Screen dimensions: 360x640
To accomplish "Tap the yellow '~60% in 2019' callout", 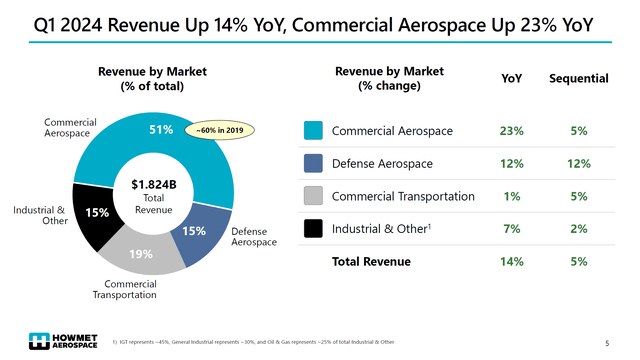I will click(x=223, y=129).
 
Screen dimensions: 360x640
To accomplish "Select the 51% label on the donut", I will click(x=161, y=129).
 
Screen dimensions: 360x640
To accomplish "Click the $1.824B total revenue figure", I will click(x=153, y=184).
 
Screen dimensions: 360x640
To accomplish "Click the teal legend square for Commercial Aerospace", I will click(x=311, y=131).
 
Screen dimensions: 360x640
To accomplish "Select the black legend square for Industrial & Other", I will click(x=311, y=230).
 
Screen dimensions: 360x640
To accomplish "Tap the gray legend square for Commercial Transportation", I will click(x=311, y=196).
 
